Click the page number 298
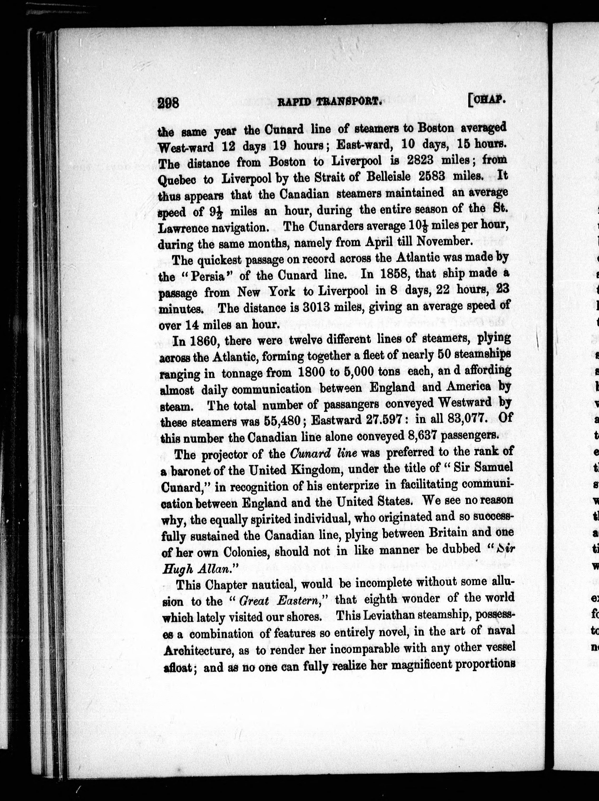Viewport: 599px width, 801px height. (169, 103)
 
